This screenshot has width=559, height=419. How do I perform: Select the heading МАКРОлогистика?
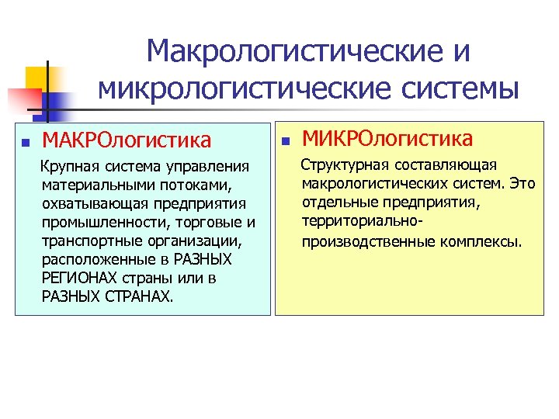[x=126, y=140]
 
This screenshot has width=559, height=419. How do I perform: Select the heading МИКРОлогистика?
[x=387, y=139]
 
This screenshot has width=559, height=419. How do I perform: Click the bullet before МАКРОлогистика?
[x=25, y=143]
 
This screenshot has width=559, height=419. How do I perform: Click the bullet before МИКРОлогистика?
[x=285, y=142]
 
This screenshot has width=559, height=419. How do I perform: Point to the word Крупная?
[x=68, y=167]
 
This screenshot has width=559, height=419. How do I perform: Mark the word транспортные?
[x=86, y=241]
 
